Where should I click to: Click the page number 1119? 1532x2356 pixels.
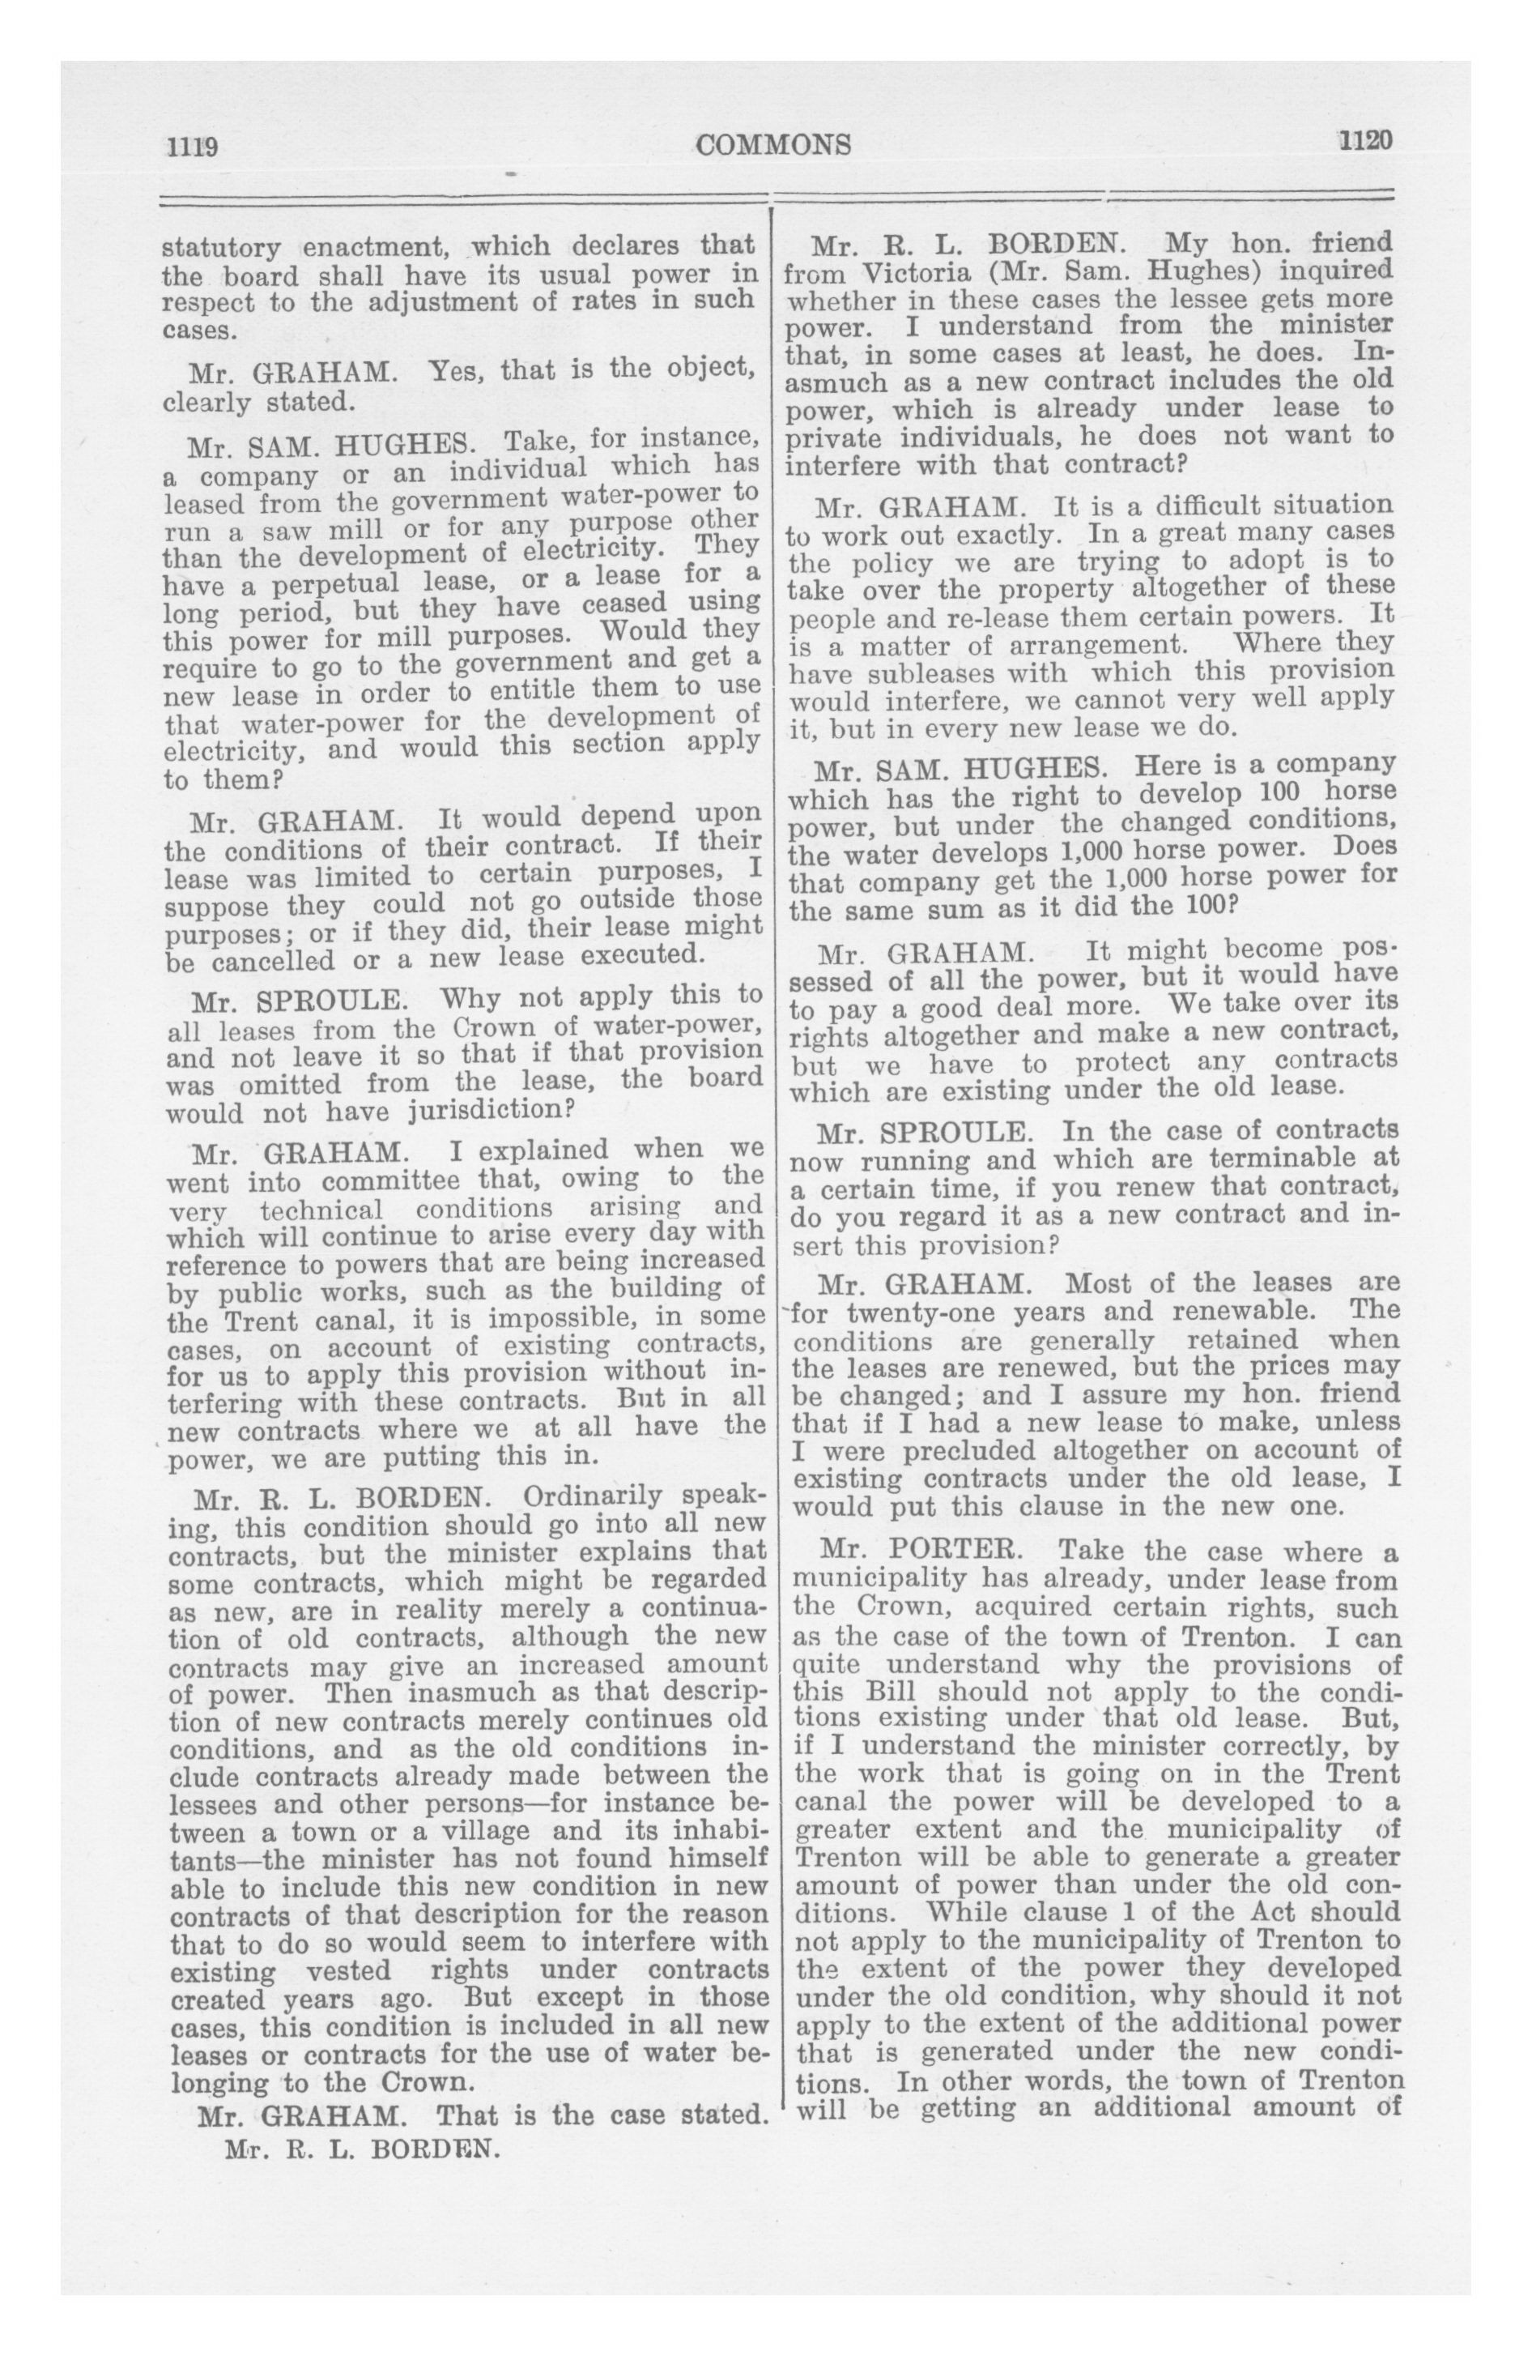click(x=191, y=147)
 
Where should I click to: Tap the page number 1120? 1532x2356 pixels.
click(x=1366, y=141)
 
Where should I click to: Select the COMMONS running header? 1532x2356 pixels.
click(x=773, y=146)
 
